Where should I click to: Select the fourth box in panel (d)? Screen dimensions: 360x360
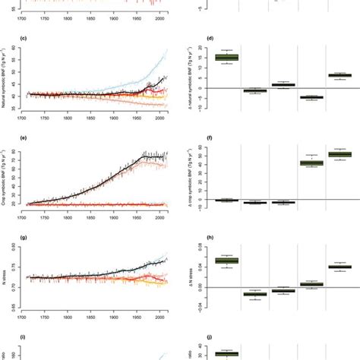(x=311, y=97)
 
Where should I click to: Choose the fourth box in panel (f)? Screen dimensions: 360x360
(x=311, y=163)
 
